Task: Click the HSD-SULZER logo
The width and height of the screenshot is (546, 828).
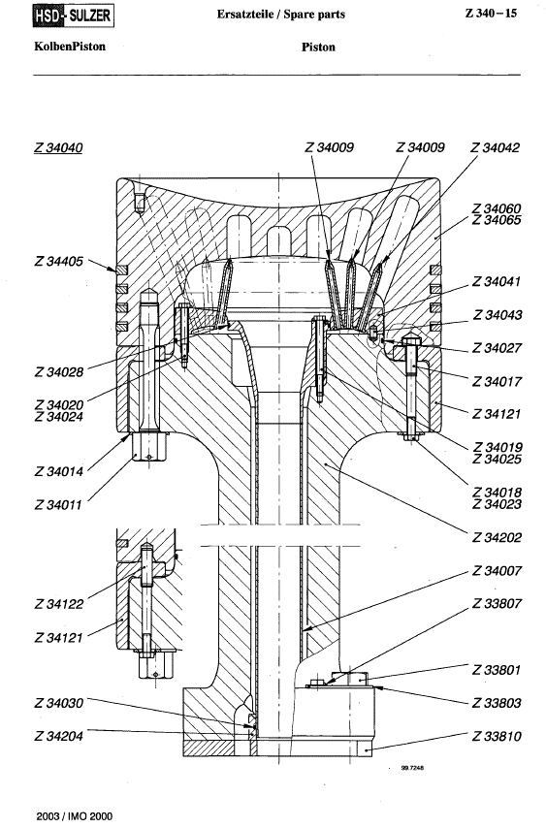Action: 74,16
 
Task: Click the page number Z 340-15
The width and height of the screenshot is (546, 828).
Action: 491,14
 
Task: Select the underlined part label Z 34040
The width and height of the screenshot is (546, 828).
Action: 58,147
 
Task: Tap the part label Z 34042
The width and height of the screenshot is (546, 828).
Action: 496,147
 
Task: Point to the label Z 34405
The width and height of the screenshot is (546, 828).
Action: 59,262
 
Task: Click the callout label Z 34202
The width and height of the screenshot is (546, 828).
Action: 497,538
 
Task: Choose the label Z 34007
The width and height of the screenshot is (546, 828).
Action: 497,571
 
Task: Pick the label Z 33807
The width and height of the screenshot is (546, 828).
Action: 497,604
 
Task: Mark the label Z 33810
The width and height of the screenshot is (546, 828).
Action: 497,736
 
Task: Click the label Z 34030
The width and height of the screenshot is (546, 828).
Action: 59,703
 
